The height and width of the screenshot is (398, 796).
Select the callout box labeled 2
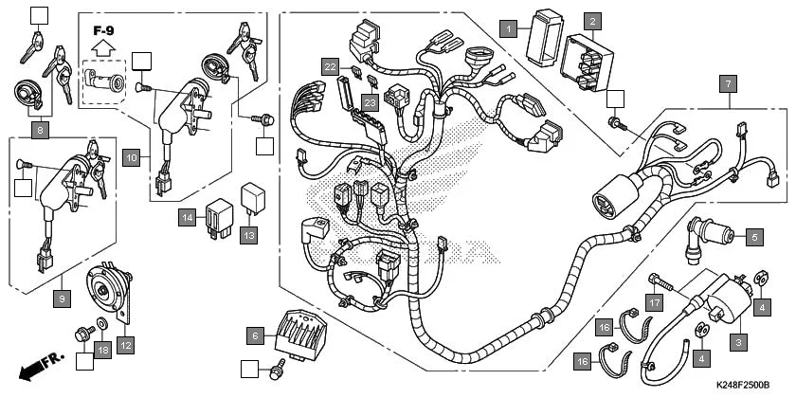[x=592, y=20]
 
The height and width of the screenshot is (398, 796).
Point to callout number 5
[x=755, y=237]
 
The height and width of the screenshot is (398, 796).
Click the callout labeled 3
[x=738, y=340]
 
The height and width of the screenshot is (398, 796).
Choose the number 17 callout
[x=653, y=302]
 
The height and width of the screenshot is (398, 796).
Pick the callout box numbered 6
[x=253, y=335]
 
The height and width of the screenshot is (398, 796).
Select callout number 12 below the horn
[x=125, y=344]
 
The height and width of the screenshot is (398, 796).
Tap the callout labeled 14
[x=188, y=218]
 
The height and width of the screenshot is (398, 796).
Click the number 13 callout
[x=248, y=234]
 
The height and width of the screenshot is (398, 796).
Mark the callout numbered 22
[x=330, y=66]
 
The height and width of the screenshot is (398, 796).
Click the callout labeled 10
[x=131, y=156]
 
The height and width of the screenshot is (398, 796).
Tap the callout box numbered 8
[x=40, y=128]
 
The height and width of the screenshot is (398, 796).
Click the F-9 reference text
[x=103, y=30]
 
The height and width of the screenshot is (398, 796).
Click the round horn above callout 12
[x=107, y=288]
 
